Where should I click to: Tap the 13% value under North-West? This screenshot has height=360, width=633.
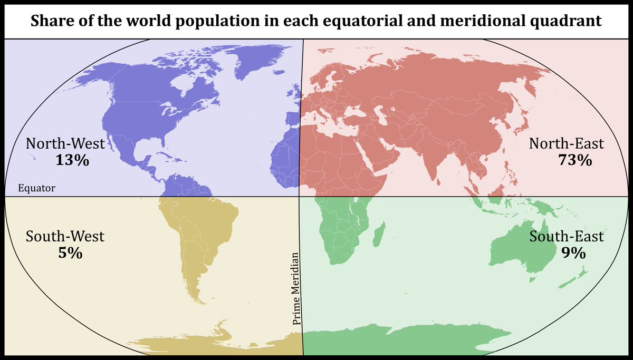pos(72,160)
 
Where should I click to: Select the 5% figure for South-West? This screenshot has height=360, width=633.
pos(70,253)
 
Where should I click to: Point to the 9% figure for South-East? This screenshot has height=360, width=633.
pos(573,253)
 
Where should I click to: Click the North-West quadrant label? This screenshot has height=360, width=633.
pos(65,143)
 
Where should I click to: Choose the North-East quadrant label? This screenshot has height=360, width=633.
pos(567,143)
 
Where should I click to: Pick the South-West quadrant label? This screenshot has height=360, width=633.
pos(65,236)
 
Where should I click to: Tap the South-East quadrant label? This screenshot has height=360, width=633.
pos(567,236)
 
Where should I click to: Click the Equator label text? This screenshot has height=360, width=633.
pos(36,188)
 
